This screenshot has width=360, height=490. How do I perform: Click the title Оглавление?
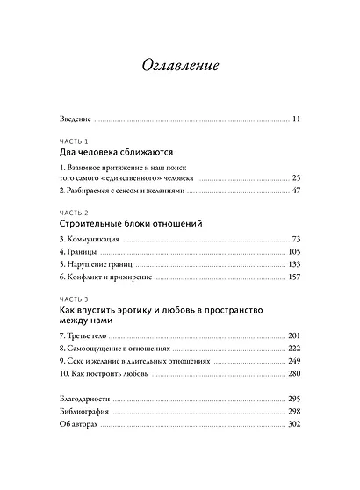coord(179,66)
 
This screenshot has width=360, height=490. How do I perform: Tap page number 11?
coord(296,119)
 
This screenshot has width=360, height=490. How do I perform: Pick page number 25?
coord(296,177)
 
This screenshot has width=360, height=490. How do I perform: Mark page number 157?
coord(294,278)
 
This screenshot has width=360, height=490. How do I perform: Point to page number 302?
coord(294,425)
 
